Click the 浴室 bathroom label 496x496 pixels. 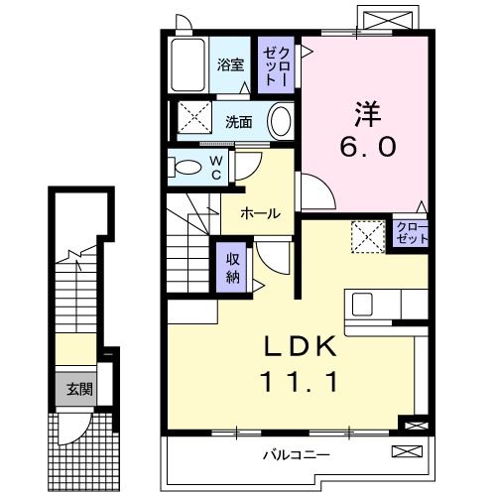click(230, 65)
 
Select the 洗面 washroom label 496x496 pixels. click(237, 123)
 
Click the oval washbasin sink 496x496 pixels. click(282, 123)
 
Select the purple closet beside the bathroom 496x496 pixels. click(276, 65)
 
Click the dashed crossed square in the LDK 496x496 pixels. click(368, 236)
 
